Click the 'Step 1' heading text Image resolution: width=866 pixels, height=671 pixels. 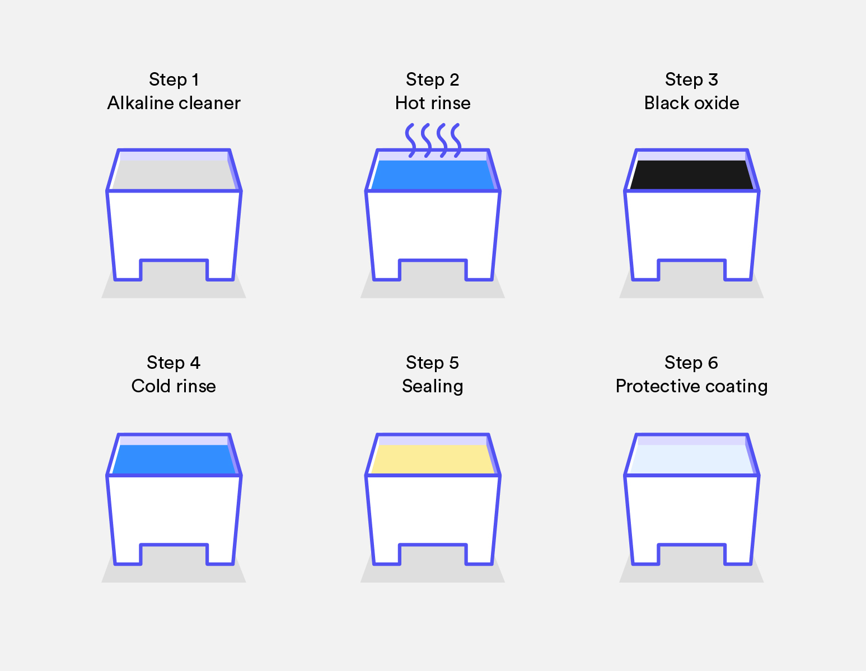tap(174, 79)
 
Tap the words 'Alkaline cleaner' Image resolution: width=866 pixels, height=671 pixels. tap(174, 103)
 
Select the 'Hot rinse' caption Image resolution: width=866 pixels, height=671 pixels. tap(433, 103)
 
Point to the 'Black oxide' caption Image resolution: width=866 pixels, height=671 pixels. tap(692, 103)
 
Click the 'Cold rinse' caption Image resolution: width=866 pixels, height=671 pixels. tap(174, 386)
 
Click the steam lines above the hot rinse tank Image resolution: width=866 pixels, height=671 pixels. tap(433, 140)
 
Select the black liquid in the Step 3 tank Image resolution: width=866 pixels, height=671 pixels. tap(692, 175)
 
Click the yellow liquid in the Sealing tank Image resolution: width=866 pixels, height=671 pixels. tap(433, 459)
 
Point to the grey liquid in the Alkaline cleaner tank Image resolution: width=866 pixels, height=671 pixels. tap(174, 175)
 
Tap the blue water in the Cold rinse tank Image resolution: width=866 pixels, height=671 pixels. tap(174, 459)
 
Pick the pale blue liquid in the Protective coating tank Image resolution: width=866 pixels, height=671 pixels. tap(692, 459)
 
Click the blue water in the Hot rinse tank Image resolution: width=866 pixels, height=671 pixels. tap(433, 175)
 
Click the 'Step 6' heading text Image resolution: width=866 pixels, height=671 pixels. tap(691, 363)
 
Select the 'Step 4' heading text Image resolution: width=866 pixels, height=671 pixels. tap(174, 363)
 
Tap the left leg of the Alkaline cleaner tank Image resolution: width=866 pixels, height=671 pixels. tap(128, 270)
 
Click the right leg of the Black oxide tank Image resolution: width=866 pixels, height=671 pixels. tap(738, 270)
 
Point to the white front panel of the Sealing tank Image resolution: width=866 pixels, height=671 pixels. tap(433, 510)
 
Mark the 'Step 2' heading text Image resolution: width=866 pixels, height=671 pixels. tap(433, 79)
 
